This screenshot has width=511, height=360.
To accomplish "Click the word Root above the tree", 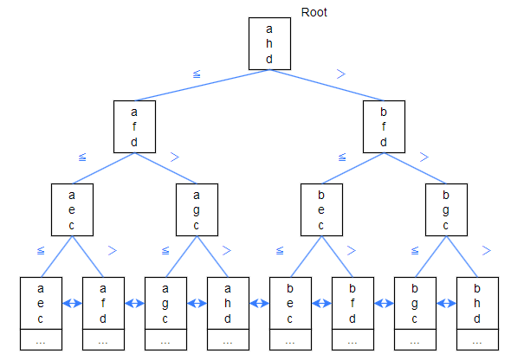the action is coord(314,12).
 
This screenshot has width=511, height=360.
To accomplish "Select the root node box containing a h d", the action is coord(269,43).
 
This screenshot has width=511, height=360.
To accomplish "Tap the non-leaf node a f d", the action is coord(134,126).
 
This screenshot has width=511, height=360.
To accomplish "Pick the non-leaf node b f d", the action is coord(384,126).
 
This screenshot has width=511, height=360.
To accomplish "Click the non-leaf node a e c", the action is coord(72,209).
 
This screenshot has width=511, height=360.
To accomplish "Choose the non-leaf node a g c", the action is coord(197,209).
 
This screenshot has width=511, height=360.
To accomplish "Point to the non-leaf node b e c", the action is coord(321,209).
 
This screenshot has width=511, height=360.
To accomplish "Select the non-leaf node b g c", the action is coord(446,209).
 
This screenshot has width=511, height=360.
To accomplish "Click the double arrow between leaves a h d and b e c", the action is coord(260,304).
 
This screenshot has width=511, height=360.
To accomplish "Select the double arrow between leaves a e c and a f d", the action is coord(73,304).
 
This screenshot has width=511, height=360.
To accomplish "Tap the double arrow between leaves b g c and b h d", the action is coord(446,304).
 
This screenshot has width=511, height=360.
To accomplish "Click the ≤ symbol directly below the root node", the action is coord(197,74).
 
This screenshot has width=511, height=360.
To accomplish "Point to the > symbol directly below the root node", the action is coord(341,74).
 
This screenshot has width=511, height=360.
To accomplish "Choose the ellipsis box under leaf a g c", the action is coord(165,339).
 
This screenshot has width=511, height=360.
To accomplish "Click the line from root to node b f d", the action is coord(327,86).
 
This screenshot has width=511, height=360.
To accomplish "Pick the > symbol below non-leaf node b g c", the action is coord(486,250).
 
